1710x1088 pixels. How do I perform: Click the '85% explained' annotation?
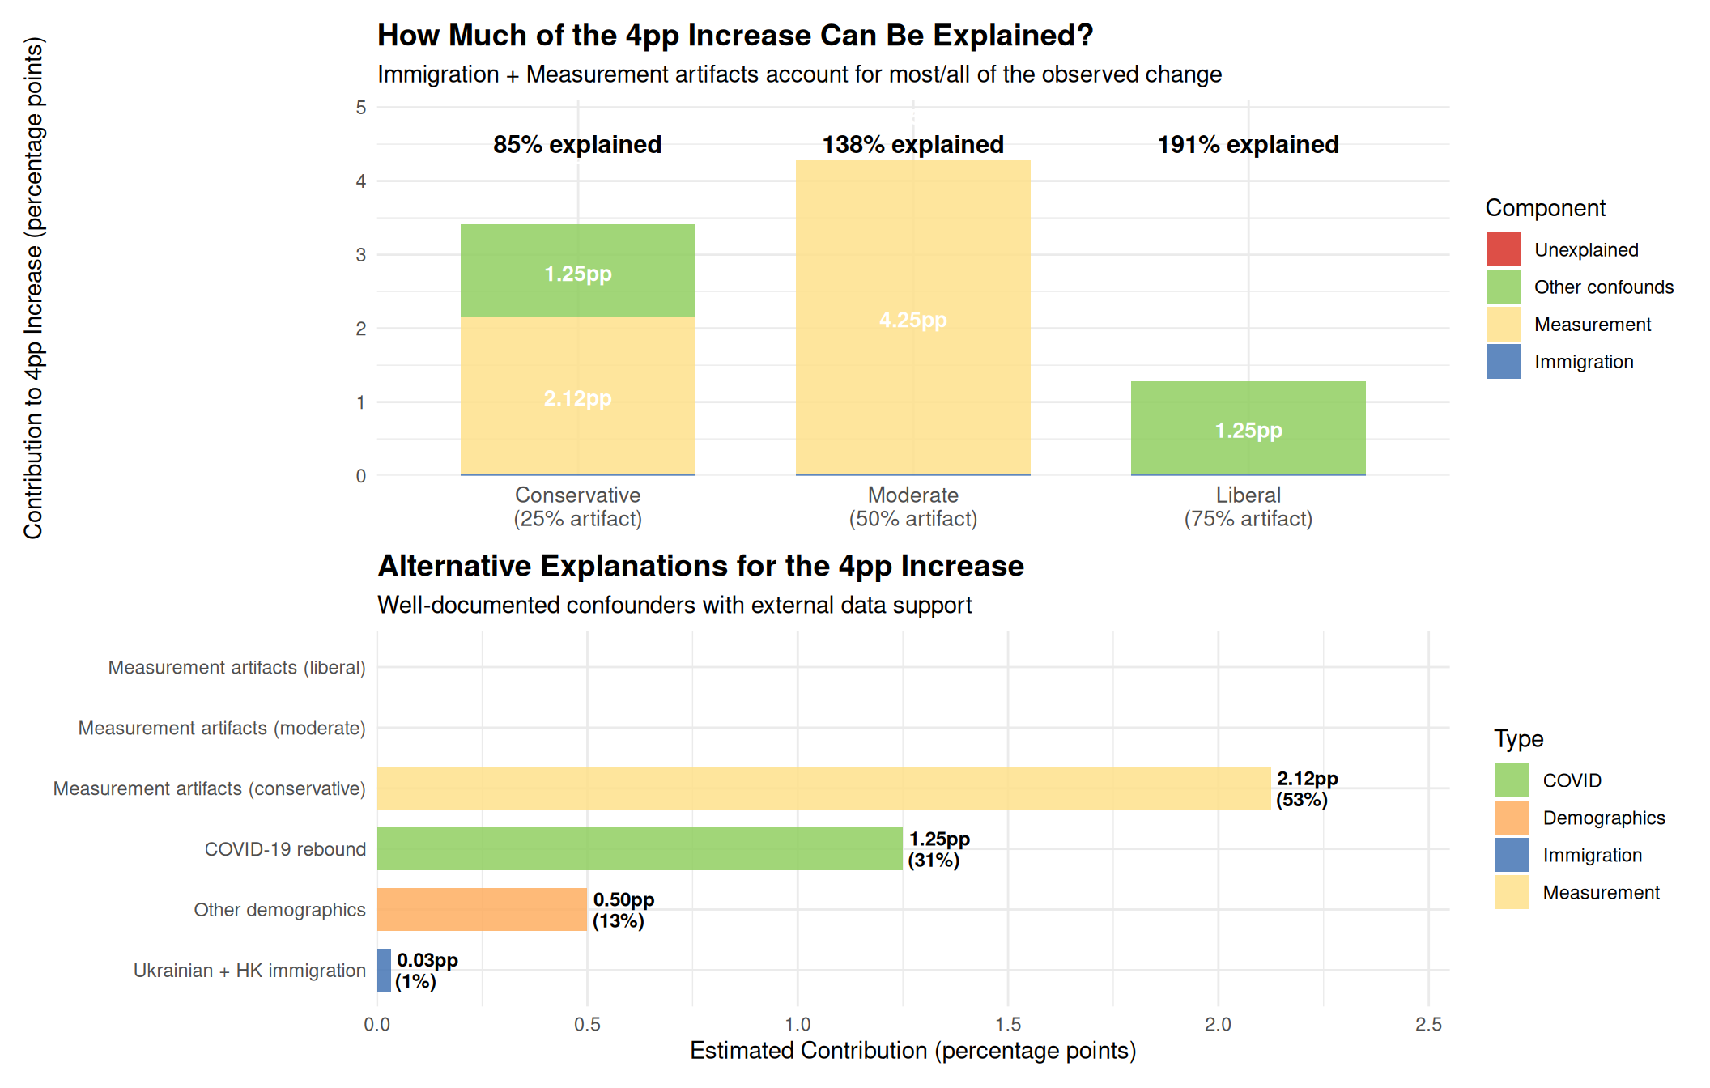577,145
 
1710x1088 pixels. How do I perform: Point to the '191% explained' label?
1248,145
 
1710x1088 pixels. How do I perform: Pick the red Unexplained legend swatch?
1504,249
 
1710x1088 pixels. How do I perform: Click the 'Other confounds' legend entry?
1603,287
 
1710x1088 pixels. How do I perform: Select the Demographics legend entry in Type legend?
1603,818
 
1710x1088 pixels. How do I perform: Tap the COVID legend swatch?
1512,780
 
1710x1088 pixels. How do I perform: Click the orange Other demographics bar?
482,909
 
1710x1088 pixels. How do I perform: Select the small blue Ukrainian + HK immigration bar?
384,970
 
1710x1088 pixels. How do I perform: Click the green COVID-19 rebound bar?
640,848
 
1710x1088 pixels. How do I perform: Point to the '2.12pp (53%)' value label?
1306,789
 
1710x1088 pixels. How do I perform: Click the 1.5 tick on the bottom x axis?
1008,1025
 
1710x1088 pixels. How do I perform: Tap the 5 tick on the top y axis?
361,108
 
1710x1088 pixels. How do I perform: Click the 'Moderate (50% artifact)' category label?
912,507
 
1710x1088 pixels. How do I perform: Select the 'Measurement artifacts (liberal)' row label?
236,667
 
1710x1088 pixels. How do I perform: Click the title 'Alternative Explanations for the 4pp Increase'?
700,566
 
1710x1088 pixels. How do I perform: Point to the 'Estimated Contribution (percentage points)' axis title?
912,1051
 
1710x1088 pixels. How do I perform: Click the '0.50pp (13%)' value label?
623,910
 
